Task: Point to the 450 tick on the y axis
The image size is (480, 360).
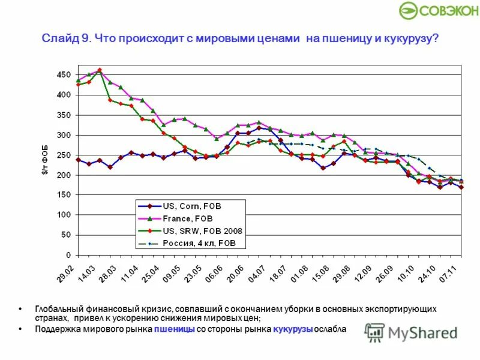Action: (x=64, y=75)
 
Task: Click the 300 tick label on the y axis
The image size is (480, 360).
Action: (x=64, y=135)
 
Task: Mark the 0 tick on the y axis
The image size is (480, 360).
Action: (x=68, y=255)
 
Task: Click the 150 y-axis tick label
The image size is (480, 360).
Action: (x=64, y=195)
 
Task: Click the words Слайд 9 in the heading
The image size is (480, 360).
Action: (x=65, y=39)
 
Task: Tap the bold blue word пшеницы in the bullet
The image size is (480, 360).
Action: (x=173, y=329)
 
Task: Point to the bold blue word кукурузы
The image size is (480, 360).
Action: (x=293, y=329)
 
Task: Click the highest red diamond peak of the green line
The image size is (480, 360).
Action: (x=100, y=70)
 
